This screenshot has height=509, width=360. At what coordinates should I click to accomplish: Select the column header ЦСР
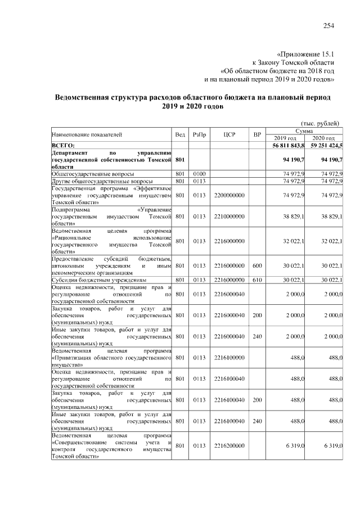pyautogui.click(x=228, y=134)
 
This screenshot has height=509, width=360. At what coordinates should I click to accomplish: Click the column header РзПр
pyautogui.click(x=199, y=134)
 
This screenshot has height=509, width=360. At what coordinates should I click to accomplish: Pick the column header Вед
pyautogui.click(x=180, y=134)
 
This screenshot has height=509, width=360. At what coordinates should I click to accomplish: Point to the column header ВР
pyautogui.click(x=257, y=134)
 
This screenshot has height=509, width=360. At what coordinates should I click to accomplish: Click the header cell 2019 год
pyautogui.click(x=286, y=138)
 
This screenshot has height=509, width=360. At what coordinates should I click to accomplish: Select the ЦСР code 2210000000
pyautogui.click(x=228, y=217)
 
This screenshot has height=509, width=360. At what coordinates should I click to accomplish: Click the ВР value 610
pyautogui.click(x=257, y=279)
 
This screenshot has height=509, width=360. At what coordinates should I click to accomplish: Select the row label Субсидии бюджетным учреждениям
pyautogui.click(x=98, y=279)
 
